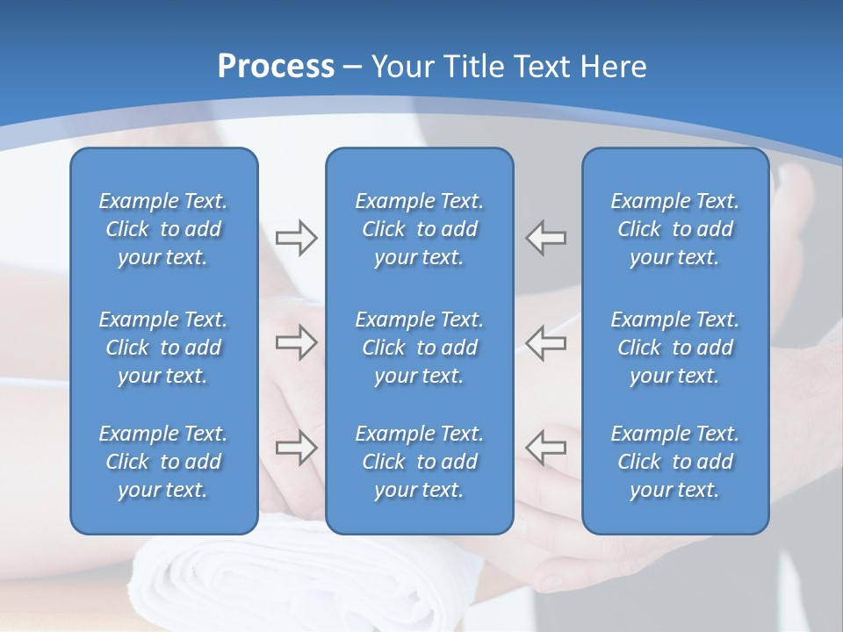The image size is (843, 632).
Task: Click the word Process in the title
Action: tap(276, 67)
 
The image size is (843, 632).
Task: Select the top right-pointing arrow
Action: tap(296, 238)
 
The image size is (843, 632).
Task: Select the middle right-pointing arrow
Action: tap(296, 342)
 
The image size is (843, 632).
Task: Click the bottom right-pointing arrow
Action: tap(296, 447)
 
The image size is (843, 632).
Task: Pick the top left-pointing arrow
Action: tap(546, 238)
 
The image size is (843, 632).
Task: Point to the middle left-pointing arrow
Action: tap(546, 342)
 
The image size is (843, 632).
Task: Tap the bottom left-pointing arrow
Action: tap(546, 447)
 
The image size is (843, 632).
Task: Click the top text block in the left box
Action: tap(163, 229)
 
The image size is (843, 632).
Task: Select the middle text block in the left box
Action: tap(163, 348)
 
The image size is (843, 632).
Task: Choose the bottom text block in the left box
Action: tap(163, 462)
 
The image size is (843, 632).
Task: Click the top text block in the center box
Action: tap(419, 229)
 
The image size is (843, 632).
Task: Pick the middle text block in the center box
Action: tap(419, 348)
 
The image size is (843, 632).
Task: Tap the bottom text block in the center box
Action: tap(419, 462)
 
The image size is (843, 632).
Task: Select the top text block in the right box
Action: tap(675, 229)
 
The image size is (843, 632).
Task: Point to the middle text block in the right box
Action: tap(675, 348)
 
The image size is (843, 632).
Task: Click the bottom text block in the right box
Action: tap(675, 462)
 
